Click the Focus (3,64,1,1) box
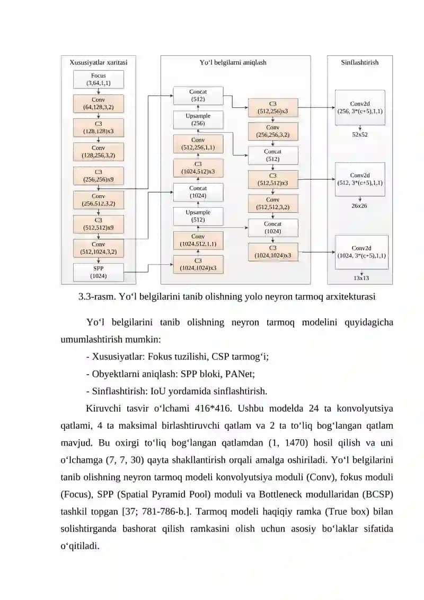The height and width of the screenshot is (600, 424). pos(98,79)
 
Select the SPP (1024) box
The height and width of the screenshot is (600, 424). pos(98,273)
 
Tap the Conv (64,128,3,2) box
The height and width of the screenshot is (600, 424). pos(98,103)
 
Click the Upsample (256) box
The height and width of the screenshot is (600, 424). pos(198,120)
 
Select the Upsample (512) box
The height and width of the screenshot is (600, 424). pos(198,216)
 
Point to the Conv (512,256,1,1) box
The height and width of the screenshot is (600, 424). pos(198,144)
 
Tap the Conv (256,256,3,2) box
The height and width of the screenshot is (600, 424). pos(272,131)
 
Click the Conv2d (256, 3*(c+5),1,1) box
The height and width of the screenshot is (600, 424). pos(360,108)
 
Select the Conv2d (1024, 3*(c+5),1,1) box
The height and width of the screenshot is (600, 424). pos(361,252)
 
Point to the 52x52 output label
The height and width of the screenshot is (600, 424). pos(360,135)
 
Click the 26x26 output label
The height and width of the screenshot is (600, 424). pos(359,206)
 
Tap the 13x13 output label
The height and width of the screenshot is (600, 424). pos(361,278)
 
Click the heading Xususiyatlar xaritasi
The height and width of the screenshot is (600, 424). pos(98,63)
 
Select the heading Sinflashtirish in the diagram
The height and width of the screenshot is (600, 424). pos(360,63)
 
